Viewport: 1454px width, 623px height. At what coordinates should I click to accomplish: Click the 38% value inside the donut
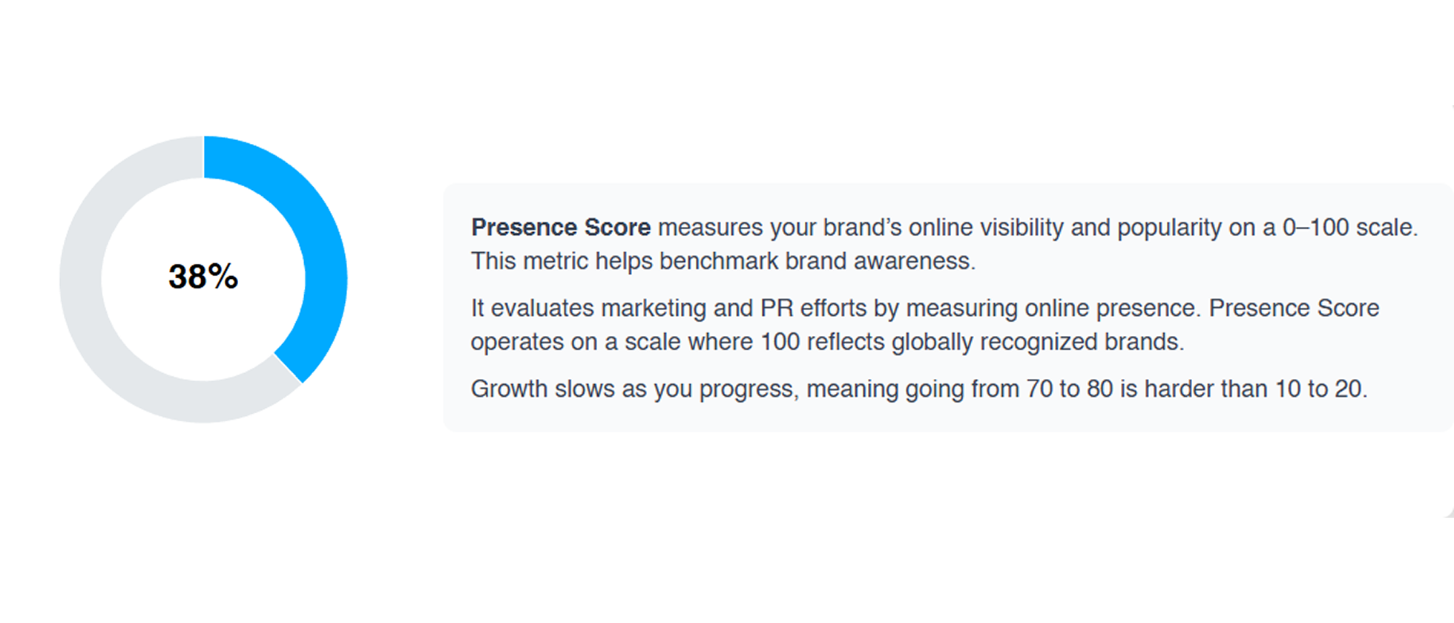pos(203,277)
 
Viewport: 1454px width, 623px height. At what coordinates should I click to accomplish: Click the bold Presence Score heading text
pos(561,227)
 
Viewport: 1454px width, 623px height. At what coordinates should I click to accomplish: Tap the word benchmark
pos(719,261)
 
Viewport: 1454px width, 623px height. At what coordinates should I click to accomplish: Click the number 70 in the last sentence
pos(1039,389)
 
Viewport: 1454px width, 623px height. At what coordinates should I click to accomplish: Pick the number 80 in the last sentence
pos(1100,389)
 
